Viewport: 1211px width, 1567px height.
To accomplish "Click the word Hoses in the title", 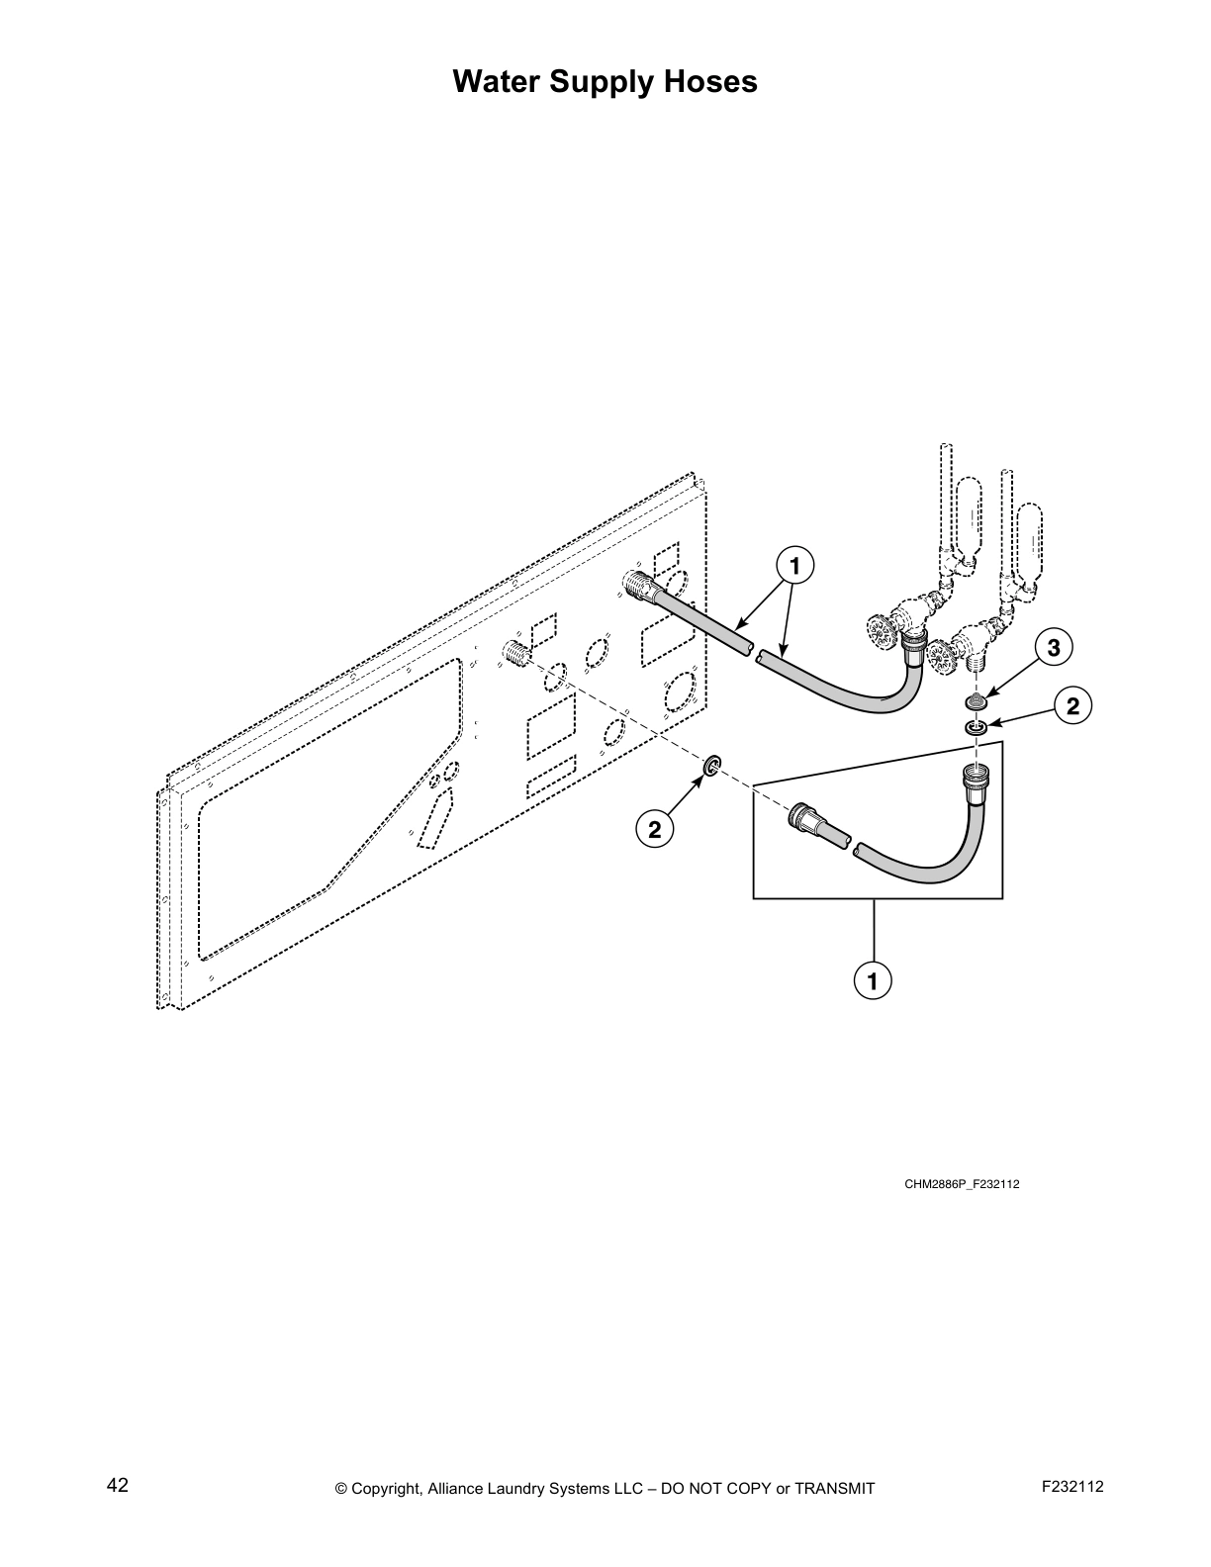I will point(711,81).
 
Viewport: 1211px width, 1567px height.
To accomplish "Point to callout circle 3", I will point(1054,648).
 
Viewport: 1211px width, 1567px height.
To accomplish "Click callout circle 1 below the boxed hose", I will point(873,980).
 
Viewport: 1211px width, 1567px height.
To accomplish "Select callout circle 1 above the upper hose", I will point(794,566).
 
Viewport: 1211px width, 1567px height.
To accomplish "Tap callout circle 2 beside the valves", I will point(1073,705).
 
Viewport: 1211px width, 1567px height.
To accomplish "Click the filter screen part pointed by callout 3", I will point(977,702).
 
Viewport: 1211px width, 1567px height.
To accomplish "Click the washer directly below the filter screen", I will point(977,728).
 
